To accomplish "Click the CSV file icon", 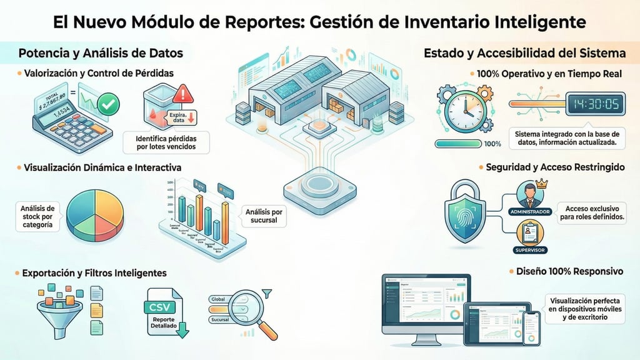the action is tap(164, 309).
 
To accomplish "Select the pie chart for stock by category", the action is tap(94, 212).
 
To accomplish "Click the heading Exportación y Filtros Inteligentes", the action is tap(94, 273).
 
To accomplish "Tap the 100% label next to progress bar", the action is tap(492, 144).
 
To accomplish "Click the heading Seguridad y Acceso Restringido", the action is tap(554, 167).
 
